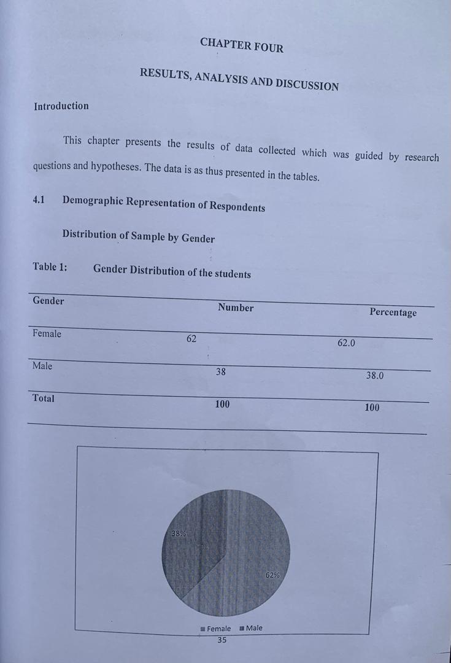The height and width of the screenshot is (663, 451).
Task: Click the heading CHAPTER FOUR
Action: pos(241,45)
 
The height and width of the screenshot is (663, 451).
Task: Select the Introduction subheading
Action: pos(61,106)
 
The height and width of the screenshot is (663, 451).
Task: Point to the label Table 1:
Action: pos(50,266)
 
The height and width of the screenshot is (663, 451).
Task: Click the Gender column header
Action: pos(48,301)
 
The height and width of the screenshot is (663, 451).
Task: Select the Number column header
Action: pos(235,308)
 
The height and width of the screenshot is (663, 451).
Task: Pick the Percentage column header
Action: pos(393,312)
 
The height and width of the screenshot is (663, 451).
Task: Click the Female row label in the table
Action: pos(47,334)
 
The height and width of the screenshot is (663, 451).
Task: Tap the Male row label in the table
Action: pos(42,366)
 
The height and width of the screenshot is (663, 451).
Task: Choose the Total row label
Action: pos(43,398)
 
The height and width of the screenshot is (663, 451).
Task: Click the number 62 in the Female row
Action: pos(191,339)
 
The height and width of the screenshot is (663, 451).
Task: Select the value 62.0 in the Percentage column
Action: pos(346,343)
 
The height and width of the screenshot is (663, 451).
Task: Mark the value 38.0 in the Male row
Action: pos(374,376)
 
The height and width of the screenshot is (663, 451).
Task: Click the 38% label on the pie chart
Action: pos(179,534)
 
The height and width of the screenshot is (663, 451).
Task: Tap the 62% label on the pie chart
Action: pos(272,575)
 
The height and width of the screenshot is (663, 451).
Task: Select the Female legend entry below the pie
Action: pos(215,629)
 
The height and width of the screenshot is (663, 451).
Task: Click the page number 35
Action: pos(222,640)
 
